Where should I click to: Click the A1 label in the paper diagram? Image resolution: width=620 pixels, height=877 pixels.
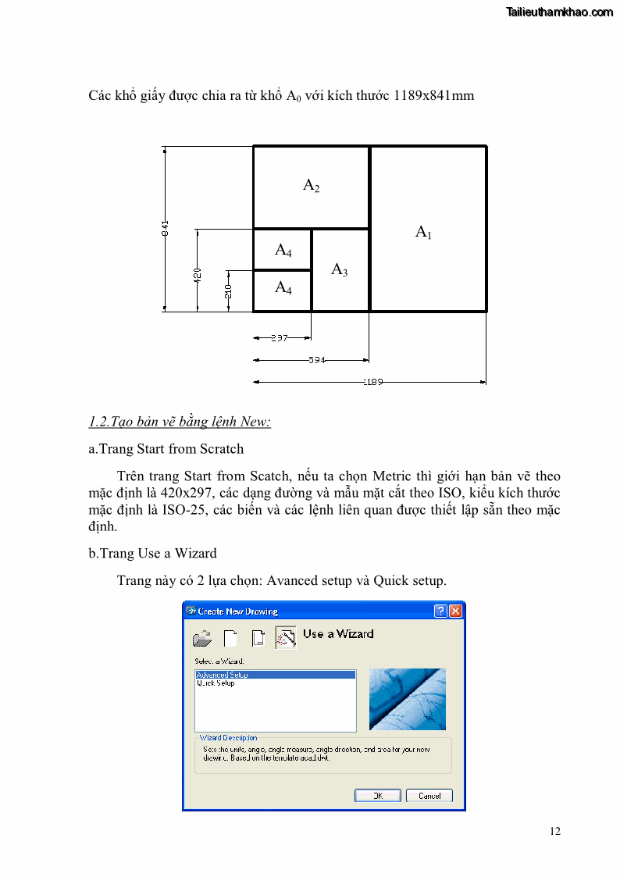[x=422, y=232]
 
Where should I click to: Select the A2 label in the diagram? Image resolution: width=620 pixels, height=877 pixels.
[x=311, y=186]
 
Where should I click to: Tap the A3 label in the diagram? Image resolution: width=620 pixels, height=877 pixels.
[x=339, y=270]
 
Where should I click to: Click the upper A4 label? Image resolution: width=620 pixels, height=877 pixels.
[x=283, y=251]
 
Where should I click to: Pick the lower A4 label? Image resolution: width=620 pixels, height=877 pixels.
[x=283, y=288]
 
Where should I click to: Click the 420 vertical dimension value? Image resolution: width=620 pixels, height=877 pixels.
[x=198, y=275]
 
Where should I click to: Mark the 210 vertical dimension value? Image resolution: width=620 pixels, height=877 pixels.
[x=228, y=292]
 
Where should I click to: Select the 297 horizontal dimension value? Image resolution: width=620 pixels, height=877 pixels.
[x=279, y=338]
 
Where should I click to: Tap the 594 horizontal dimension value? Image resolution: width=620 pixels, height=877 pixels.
[x=316, y=360]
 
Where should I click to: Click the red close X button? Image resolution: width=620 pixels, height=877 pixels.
[x=456, y=611]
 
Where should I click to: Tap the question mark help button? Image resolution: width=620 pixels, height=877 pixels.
[x=440, y=611]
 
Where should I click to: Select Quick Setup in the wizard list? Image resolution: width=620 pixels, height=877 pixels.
[x=216, y=683]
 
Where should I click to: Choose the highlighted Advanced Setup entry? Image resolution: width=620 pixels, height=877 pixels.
[x=223, y=675]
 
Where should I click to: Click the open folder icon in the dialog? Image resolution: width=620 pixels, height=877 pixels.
[x=202, y=639]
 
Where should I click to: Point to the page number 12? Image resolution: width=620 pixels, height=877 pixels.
[x=554, y=831]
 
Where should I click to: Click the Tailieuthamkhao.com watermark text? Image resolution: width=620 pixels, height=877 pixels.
[x=559, y=12]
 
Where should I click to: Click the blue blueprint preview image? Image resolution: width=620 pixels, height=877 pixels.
[x=407, y=699]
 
